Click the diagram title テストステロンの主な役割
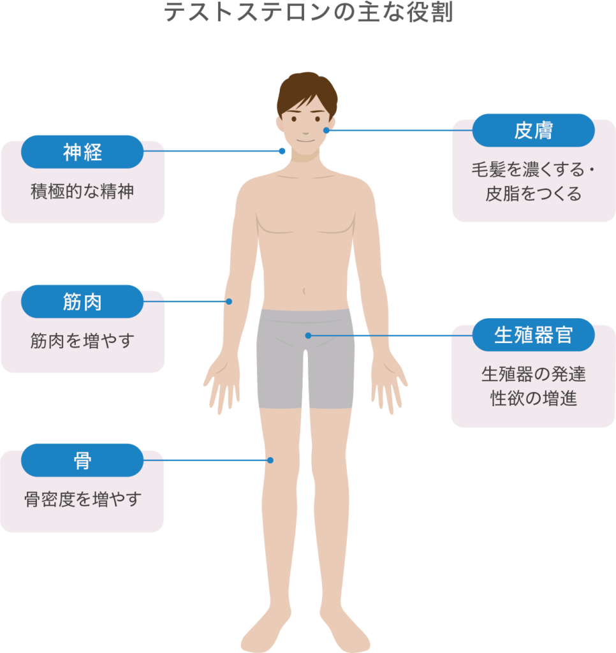coord(309,12)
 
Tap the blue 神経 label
coord(82,152)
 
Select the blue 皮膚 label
coord(533,130)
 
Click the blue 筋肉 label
coord(82,302)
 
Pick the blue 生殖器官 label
coord(533,335)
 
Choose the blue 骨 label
coord(82,460)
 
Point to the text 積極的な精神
coord(82,191)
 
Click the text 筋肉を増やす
coord(82,341)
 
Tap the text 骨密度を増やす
coord(82,499)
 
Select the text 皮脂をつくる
coord(533,194)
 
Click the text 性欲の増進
coord(533,399)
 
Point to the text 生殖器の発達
coord(533,374)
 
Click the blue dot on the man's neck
coord(282,151)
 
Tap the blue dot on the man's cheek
coord(326,130)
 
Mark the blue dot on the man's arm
coord(229,302)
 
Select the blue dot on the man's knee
coord(270,460)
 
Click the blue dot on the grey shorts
coord(308,335)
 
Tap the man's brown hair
coord(307,89)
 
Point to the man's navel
coord(305,291)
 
